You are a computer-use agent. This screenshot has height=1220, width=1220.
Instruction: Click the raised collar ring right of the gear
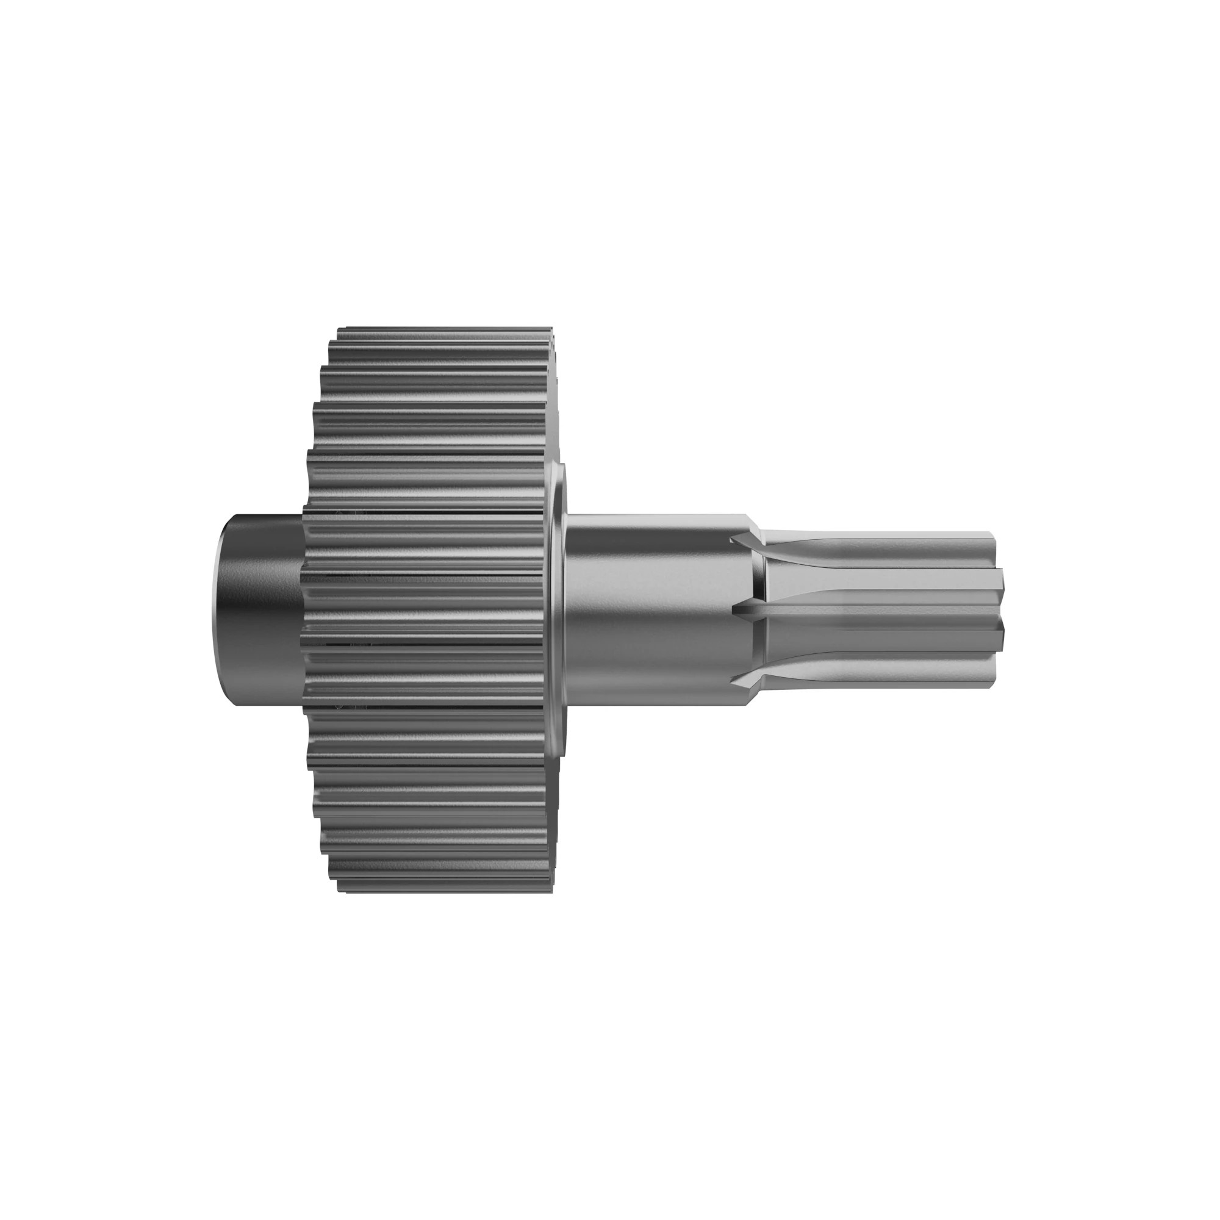558,610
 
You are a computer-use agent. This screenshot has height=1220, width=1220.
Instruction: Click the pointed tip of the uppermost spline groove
734,540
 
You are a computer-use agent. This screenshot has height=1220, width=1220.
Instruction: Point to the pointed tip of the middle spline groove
734,610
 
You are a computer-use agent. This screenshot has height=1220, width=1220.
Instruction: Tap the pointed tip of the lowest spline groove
734,680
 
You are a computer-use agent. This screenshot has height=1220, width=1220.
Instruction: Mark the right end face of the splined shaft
998,610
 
